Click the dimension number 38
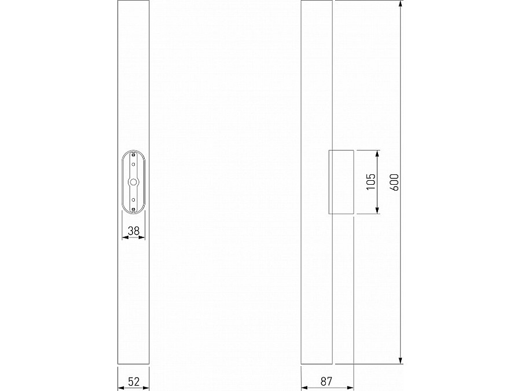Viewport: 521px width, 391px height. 134,231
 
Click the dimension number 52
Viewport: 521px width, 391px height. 134,381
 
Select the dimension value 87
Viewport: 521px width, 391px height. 325,381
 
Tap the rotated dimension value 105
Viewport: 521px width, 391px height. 371,182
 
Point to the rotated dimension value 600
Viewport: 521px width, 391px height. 395,182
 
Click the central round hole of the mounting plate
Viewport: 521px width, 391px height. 134,182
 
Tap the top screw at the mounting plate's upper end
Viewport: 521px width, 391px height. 134,155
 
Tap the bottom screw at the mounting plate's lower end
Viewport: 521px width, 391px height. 134,209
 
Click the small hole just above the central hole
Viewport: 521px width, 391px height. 134,165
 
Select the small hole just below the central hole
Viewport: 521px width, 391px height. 134,199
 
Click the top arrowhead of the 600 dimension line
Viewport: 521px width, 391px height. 401,5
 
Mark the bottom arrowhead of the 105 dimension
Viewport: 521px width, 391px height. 377,210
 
